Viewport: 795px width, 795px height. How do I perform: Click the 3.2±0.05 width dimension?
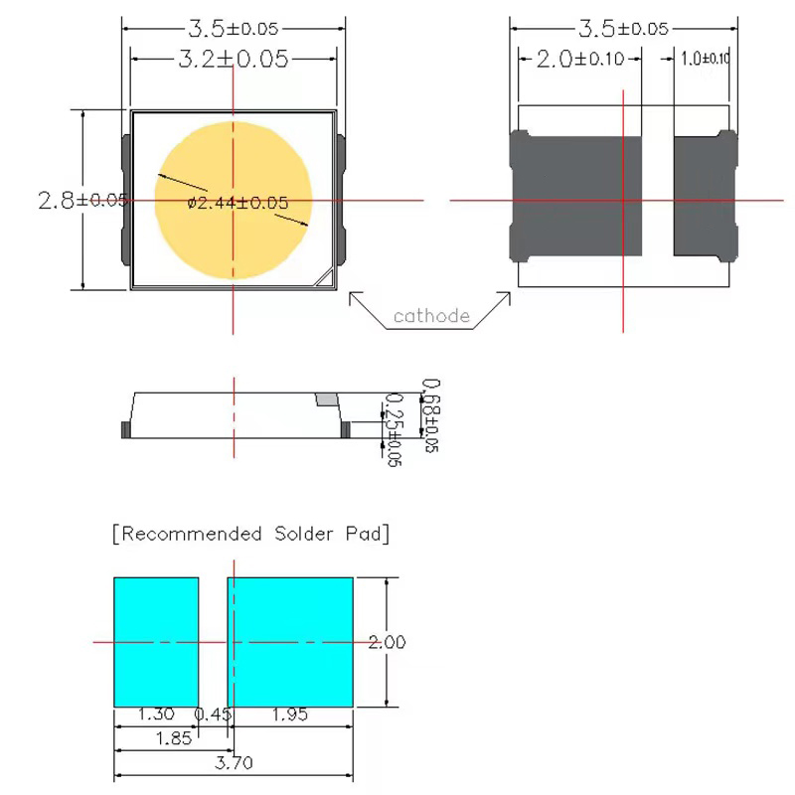[234, 59]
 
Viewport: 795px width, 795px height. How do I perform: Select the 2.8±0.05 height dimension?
[82, 200]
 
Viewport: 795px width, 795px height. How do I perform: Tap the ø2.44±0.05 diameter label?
[238, 203]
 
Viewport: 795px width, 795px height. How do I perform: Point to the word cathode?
[431, 316]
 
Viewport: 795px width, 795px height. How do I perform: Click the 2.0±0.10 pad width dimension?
[580, 60]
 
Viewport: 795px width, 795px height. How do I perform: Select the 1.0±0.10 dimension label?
[706, 60]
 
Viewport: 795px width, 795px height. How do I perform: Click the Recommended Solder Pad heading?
[250, 535]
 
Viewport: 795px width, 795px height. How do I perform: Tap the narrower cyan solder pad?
[156, 641]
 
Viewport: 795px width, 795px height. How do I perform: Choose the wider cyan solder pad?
[291, 641]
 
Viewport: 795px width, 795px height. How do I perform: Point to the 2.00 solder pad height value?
[387, 643]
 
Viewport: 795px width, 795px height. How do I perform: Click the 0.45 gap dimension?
[213, 715]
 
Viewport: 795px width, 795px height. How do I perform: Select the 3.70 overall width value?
[235, 763]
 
